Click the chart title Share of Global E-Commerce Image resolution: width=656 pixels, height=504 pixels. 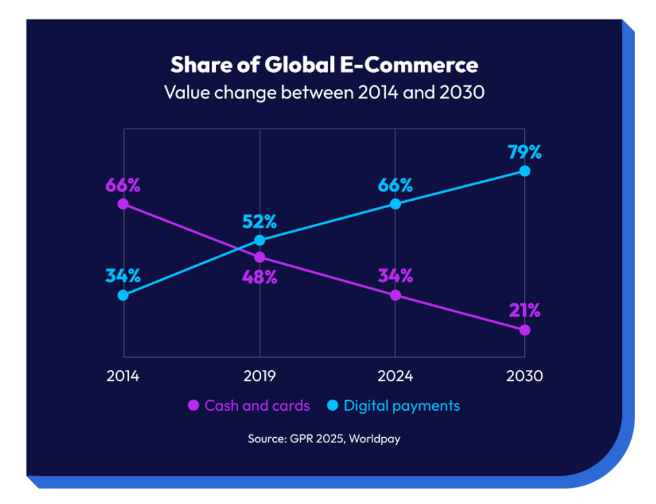tap(324, 65)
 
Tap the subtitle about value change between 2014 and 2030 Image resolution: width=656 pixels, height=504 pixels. tap(324, 93)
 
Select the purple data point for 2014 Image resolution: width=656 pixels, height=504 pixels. tap(123, 204)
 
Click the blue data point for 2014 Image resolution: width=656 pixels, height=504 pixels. tap(123, 295)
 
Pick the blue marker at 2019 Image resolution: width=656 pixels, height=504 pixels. tap(260, 240)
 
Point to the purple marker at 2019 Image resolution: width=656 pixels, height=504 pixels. tap(260, 257)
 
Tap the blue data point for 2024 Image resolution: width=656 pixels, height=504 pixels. tap(396, 204)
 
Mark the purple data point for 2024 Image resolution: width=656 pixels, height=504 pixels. tap(396, 295)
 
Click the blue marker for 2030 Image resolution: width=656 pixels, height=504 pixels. tap(525, 171)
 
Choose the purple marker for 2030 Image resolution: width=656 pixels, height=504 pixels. tap(525, 330)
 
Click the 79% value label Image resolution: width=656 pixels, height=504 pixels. tap(525, 152)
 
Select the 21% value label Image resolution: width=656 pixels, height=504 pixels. tap(525, 310)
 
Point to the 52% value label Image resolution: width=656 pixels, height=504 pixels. tap(259, 221)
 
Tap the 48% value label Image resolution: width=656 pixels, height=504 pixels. tap(259, 277)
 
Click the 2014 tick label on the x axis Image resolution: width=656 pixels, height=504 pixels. tap(123, 376)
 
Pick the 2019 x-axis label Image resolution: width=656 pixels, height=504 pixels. tap(259, 376)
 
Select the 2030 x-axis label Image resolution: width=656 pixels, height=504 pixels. tap(525, 376)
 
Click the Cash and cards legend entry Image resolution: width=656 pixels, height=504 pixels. tap(249, 406)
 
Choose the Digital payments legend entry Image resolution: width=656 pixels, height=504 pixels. tap(393, 406)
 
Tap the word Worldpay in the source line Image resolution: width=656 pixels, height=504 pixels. tap(375, 438)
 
